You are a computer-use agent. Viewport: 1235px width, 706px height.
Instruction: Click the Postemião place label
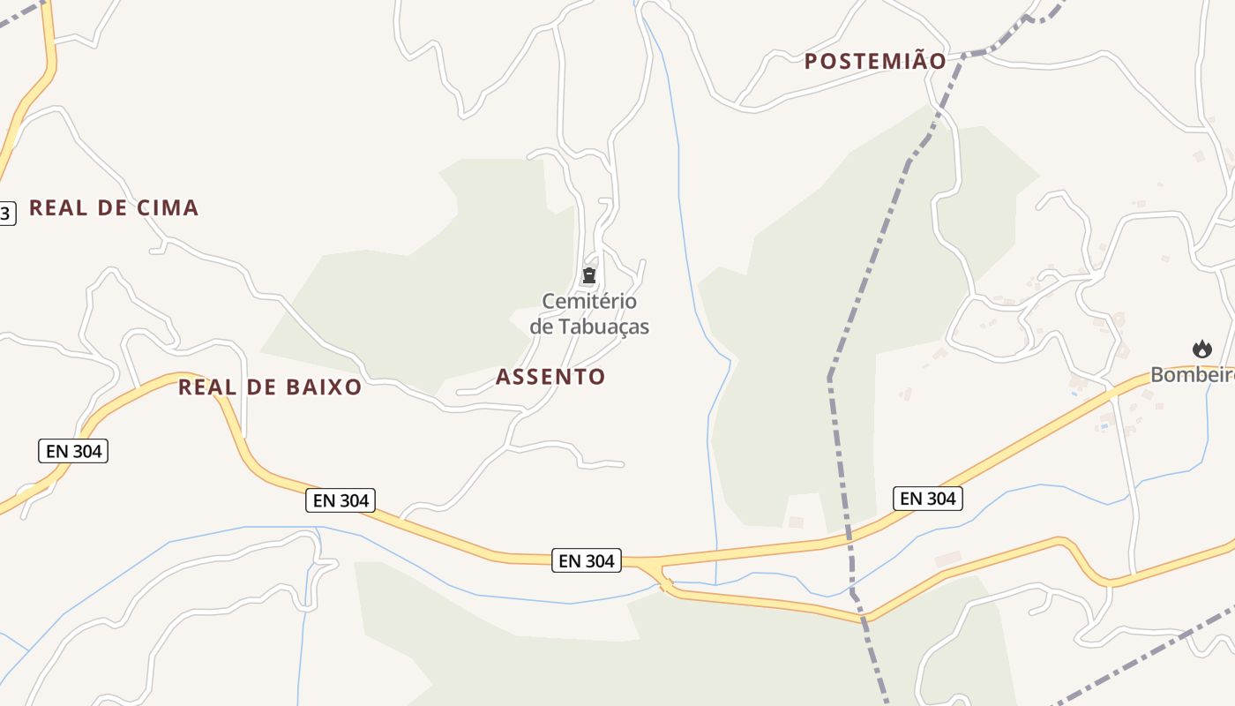875,61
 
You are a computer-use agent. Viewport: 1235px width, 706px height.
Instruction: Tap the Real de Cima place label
114,208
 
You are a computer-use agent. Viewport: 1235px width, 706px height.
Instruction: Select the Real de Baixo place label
270,387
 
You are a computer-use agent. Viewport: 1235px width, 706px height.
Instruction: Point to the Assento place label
550,377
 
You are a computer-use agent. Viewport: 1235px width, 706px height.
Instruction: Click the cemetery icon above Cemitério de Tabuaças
589,276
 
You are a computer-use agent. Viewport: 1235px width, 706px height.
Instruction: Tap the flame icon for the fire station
1202,349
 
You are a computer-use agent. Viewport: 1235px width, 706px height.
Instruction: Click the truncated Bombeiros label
1192,375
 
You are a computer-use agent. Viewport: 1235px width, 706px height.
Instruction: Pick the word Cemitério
589,302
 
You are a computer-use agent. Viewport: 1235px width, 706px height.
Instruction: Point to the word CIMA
168,208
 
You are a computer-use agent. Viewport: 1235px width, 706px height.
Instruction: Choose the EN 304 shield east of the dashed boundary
927,499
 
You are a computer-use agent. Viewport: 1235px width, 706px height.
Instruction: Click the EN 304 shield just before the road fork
587,560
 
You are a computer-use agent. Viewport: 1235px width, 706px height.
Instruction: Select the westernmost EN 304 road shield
73,451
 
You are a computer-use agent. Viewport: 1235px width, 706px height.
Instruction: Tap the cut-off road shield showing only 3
6,213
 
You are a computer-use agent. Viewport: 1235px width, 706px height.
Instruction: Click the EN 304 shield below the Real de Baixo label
341,500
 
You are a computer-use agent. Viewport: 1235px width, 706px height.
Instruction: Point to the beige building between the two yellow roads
947,559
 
